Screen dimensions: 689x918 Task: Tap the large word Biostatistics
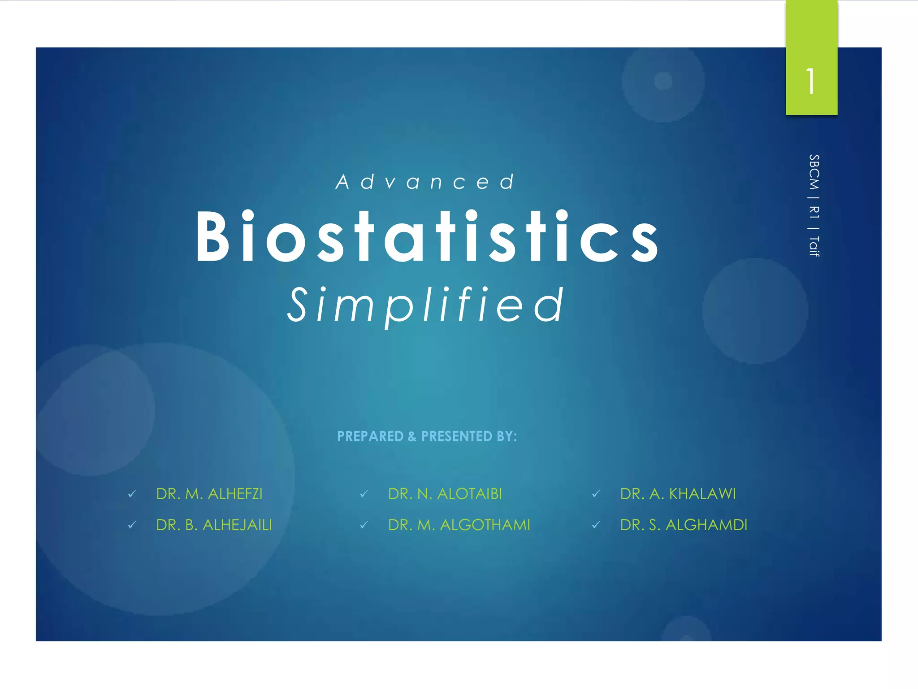[x=427, y=236]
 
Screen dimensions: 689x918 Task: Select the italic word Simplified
[x=425, y=305]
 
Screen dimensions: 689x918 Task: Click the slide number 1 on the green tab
[x=810, y=82]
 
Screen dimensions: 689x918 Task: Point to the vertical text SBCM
[x=814, y=172]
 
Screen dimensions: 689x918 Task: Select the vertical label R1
[x=814, y=212]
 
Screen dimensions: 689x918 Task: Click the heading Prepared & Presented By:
[x=427, y=436]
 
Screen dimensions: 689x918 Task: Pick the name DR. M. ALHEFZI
[x=209, y=494]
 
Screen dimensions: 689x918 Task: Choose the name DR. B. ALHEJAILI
[x=214, y=525]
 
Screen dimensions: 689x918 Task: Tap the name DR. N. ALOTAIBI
[x=445, y=494]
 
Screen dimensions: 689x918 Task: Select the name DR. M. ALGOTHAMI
[x=459, y=525]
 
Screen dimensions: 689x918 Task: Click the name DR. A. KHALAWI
[x=678, y=494]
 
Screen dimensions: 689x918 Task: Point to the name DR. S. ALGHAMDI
[x=684, y=525]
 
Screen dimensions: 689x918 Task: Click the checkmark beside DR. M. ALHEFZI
[x=132, y=494]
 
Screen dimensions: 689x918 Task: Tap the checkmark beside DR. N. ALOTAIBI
[x=364, y=494]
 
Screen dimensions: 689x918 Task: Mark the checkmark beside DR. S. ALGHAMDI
[x=596, y=525]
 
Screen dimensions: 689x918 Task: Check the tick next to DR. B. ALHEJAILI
[x=132, y=525]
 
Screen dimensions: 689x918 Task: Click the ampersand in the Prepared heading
[x=412, y=436]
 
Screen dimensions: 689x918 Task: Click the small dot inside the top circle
[x=663, y=81]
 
